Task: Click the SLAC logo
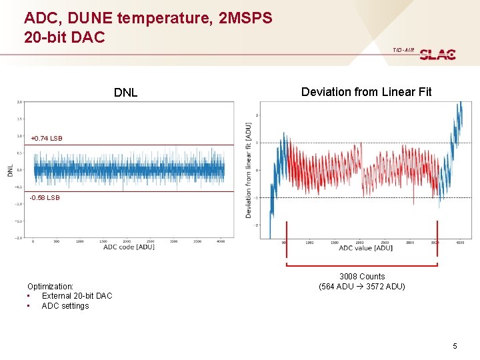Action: click(437, 55)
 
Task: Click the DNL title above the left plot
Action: click(125, 93)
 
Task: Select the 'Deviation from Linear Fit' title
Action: click(366, 92)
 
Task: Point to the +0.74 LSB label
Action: click(46, 139)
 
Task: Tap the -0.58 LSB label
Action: click(45, 198)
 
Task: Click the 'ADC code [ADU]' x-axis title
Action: click(129, 247)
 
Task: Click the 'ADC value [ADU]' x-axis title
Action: click(365, 248)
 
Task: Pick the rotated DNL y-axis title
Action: click(10, 171)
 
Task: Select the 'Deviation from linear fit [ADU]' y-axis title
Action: click(249, 170)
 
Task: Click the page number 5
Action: click(455, 346)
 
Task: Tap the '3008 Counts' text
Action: click(362, 277)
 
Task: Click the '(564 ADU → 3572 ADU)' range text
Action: click(362, 287)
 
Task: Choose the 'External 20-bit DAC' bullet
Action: click(77, 296)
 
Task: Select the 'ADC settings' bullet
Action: click(65, 306)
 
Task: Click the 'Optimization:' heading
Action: click(50, 286)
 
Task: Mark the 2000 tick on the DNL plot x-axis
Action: click(127, 241)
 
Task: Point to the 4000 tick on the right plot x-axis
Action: click(460, 243)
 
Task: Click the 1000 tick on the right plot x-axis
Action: click(310, 243)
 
